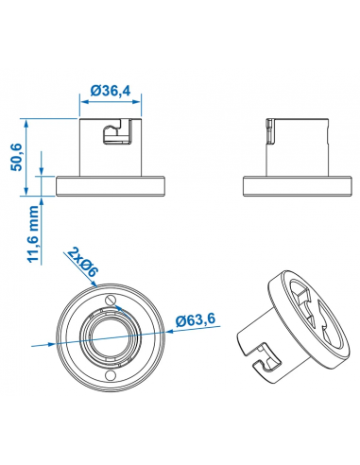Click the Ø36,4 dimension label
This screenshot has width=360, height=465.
(x=110, y=91)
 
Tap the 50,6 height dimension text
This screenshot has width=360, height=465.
(x=16, y=157)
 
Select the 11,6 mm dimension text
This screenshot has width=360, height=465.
(x=33, y=233)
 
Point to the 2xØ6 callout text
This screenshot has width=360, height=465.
(x=83, y=262)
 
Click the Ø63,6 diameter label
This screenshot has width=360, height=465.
(x=196, y=319)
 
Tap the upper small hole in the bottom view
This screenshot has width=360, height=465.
(x=111, y=300)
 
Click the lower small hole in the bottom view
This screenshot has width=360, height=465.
(x=111, y=375)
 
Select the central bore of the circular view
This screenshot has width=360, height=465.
(x=111, y=337)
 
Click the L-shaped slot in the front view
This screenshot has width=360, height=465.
(x=117, y=131)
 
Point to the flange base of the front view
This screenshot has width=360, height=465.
(x=111, y=186)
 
